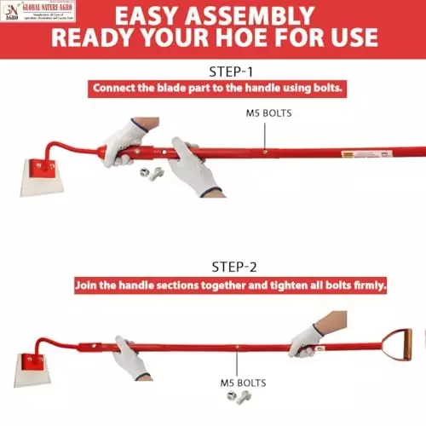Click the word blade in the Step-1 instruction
click(x=176, y=88)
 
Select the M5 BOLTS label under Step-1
click(x=267, y=112)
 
